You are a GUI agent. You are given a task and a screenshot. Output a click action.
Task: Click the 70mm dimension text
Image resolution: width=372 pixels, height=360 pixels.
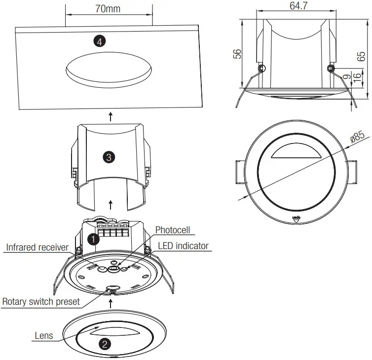point(108,9)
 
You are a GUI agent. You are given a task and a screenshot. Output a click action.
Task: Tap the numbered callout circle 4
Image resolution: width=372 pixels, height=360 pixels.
point(100,42)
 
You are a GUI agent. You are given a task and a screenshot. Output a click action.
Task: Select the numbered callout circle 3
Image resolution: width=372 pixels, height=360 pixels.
point(109,157)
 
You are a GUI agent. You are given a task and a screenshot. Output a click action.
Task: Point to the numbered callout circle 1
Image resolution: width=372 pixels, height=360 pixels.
point(92,239)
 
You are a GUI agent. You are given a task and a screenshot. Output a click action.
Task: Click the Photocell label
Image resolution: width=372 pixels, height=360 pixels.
point(172,230)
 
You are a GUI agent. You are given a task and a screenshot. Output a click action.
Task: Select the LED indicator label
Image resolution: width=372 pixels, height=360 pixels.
point(183,246)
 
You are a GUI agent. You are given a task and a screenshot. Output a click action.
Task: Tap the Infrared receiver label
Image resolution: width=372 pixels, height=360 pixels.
point(37,247)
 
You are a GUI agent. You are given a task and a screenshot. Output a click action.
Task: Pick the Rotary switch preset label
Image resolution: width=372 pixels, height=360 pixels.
point(41,301)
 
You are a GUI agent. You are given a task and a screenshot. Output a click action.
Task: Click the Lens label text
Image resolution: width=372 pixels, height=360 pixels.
point(43,336)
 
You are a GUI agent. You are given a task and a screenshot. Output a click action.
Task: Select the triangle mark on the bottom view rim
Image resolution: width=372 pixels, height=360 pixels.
point(296,221)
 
